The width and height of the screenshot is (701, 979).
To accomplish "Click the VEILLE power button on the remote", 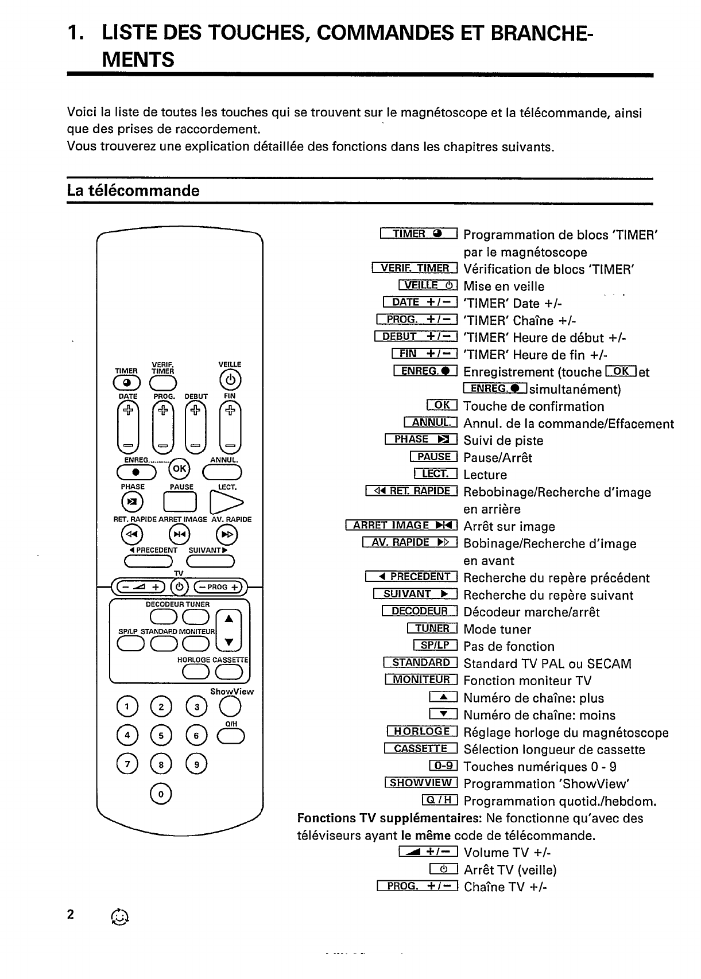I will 230,380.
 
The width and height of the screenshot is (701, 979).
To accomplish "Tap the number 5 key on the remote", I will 161,735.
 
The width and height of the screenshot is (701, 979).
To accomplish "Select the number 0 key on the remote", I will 161,794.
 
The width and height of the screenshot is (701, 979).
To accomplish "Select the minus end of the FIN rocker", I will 230,445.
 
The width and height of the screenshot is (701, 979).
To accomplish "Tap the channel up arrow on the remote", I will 229,619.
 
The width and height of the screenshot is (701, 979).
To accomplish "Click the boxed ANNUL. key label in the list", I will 431,423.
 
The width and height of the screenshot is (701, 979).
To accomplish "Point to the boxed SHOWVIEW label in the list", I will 421,783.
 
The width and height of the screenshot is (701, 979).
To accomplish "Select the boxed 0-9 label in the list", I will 443,766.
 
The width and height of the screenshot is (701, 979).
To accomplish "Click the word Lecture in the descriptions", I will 485,475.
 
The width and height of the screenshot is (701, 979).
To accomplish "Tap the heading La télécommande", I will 133,191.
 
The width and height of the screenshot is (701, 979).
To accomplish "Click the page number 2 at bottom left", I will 71,914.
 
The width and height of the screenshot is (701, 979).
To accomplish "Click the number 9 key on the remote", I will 196,764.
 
